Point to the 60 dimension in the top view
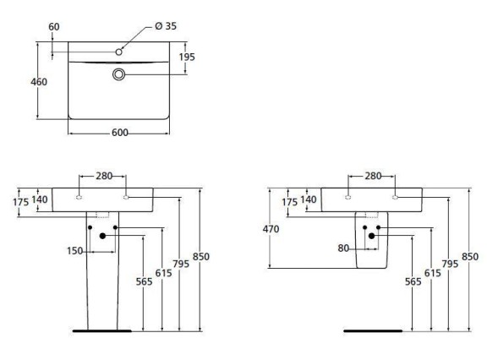click(54, 26)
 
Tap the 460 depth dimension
click(38, 82)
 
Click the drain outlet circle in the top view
click(119, 75)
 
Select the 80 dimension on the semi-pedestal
click(343, 248)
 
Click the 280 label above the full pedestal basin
click(103, 176)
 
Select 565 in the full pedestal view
click(144, 282)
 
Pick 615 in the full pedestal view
click(164, 274)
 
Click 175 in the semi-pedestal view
click(289, 203)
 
